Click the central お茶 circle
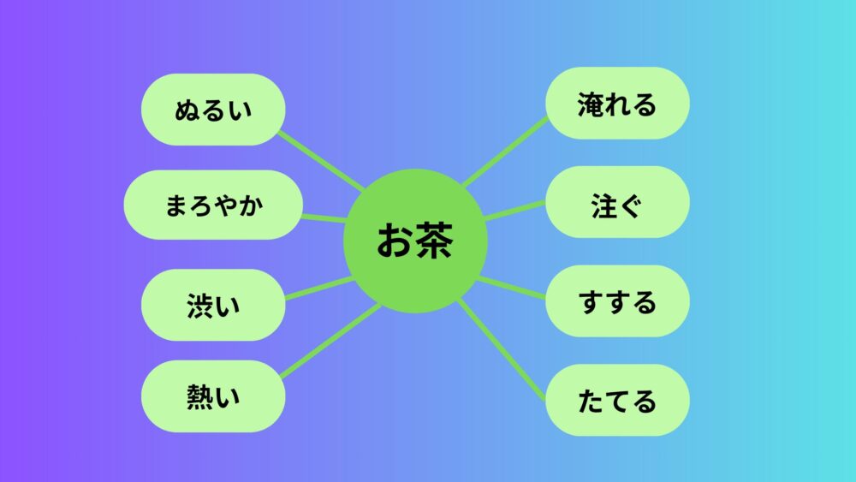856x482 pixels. (x=415, y=241)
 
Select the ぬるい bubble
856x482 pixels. (x=213, y=110)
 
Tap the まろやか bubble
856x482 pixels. (x=213, y=205)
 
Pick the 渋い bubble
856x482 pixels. (x=213, y=305)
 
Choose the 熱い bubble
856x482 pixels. (x=213, y=396)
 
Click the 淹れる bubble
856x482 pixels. (x=617, y=104)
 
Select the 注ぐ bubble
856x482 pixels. (x=617, y=202)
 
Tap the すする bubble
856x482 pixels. (x=617, y=301)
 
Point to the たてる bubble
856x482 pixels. (x=617, y=400)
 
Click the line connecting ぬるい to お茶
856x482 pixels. (x=321, y=160)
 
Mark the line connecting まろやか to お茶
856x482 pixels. (x=324, y=218)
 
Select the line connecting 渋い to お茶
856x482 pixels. (x=319, y=289)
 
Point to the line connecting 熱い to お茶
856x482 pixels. (x=330, y=341)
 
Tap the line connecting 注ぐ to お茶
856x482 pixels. (x=514, y=211)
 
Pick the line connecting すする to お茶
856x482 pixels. (x=512, y=288)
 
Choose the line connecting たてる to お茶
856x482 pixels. (x=501, y=349)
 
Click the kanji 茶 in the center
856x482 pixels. (x=435, y=241)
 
